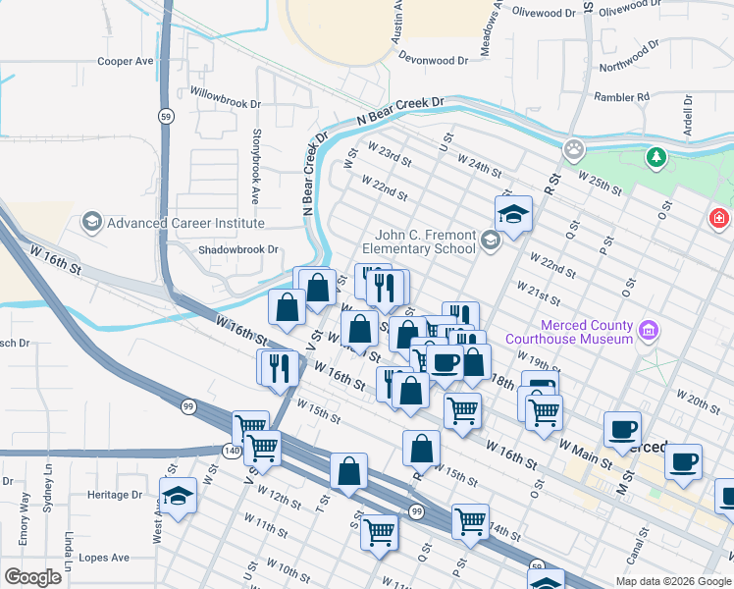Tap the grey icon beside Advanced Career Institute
92,222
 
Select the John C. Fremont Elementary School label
425,241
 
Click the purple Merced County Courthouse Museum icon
648,332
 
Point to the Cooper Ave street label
126,61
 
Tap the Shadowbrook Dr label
238,249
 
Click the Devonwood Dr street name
433,60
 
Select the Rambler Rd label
622,97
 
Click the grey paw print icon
574,150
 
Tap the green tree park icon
655,156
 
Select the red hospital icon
719,216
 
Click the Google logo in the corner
32,577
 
